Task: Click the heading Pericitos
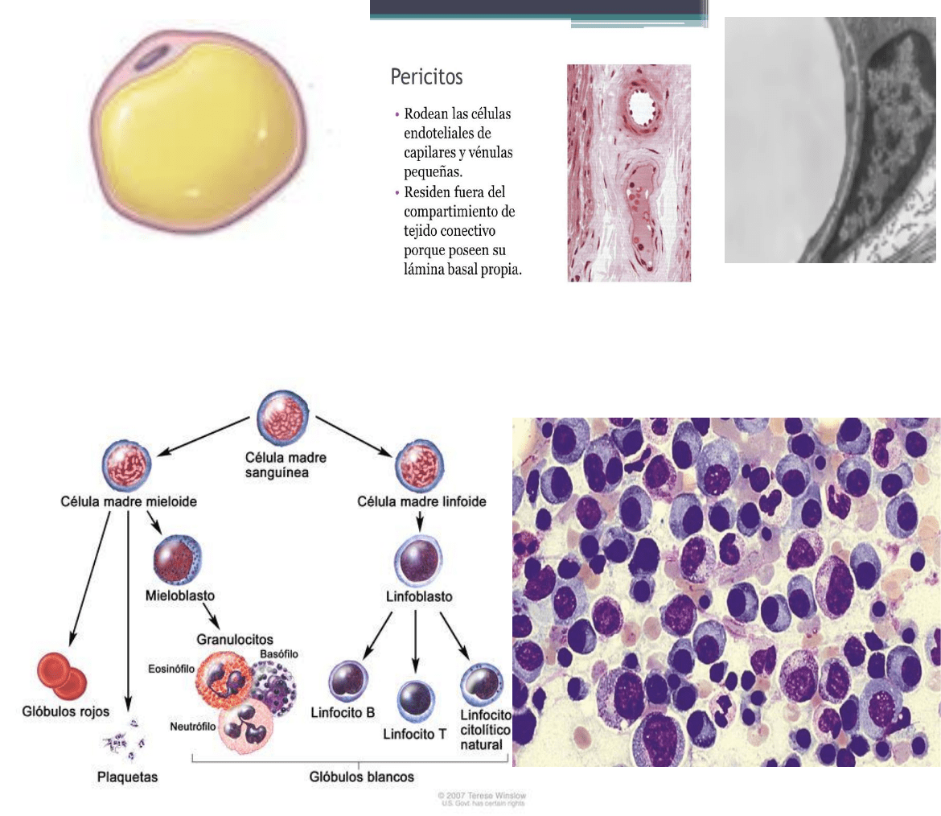(426, 77)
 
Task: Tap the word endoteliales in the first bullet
(447, 133)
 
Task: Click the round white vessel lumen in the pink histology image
(642, 107)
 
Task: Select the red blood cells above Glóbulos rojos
(61, 674)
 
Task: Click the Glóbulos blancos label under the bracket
(361, 777)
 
